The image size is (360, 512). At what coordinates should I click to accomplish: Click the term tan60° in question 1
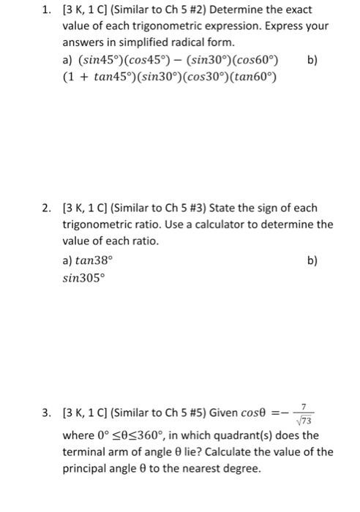point(258,76)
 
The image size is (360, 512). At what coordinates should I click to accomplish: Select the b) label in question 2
point(314,260)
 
